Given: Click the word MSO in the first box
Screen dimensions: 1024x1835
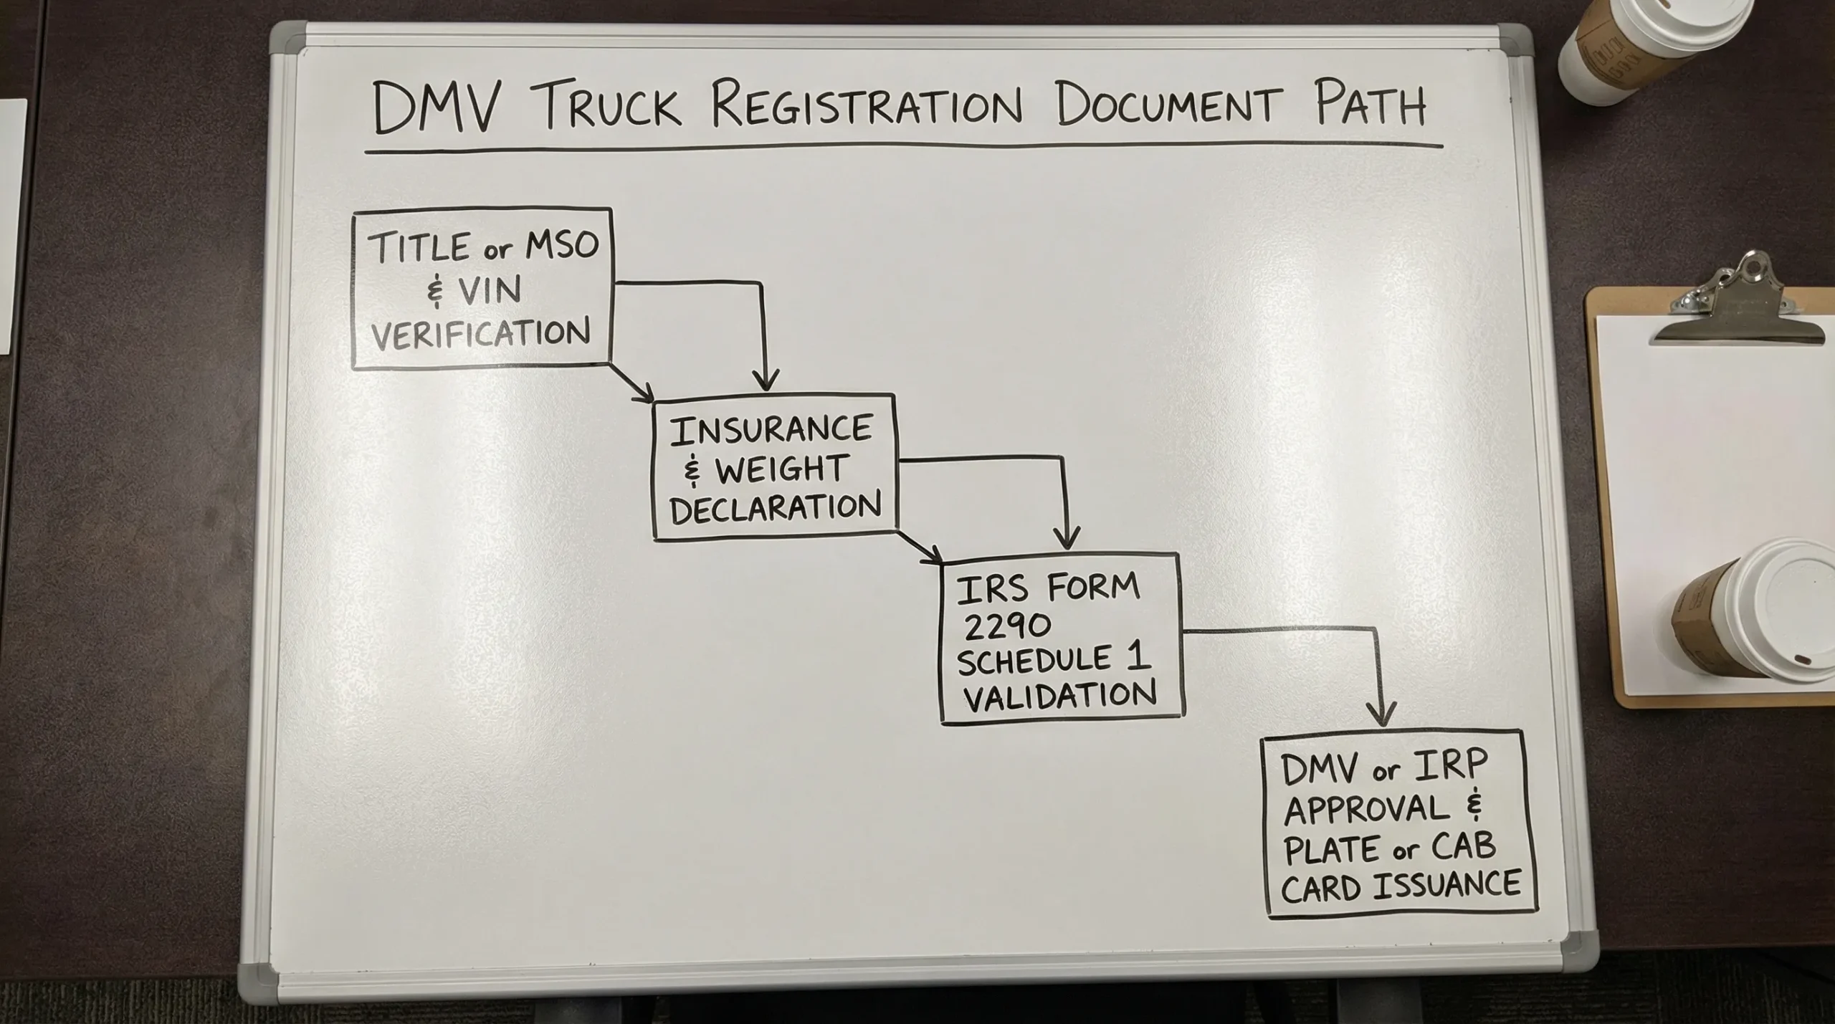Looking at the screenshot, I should [x=562, y=245].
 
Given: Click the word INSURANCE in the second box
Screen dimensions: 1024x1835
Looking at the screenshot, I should [x=771, y=430].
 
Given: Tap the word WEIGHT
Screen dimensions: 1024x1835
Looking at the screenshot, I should [x=781, y=469].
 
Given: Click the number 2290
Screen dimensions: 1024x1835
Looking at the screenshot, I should [x=1007, y=626].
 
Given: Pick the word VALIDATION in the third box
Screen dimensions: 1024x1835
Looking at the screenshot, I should [x=1059, y=694].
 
